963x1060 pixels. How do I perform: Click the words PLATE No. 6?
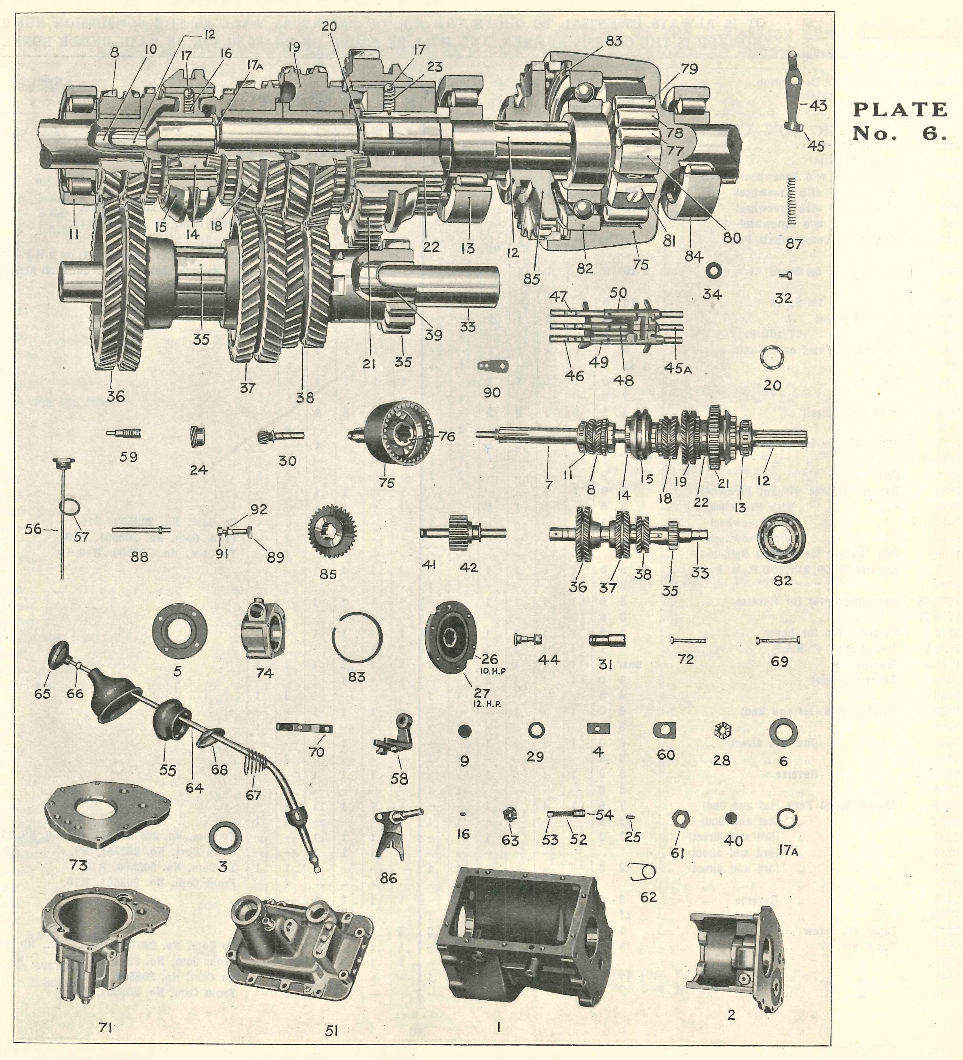tap(899, 121)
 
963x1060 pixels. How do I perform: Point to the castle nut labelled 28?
tap(721, 731)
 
